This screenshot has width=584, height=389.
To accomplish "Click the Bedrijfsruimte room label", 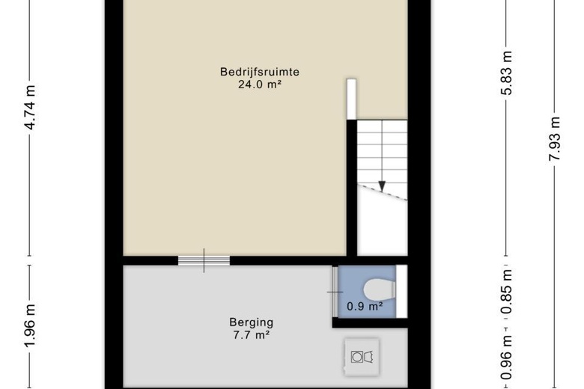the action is (x=260, y=72).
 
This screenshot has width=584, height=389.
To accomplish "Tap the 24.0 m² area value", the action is (x=259, y=85).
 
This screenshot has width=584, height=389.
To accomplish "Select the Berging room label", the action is (x=252, y=322).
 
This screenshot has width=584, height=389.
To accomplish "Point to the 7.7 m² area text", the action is (x=252, y=335).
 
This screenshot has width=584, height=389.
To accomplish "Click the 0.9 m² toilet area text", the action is (x=365, y=307).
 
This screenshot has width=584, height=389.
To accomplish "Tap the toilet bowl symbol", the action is (x=379, y=290).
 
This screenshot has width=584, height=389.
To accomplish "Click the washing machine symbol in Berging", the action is (x=362, y=357).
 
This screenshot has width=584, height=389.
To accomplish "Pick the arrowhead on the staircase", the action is (x=382, y=186).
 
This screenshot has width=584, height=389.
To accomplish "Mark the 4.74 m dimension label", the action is (x=30, y=108).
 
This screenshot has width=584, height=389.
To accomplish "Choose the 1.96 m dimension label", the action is (x=30, y=325).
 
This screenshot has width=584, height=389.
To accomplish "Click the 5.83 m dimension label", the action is (x=507, y=73).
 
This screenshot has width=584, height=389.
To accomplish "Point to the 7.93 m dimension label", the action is (x=554, y=138).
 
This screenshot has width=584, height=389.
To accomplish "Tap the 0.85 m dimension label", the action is (x=507, y=292).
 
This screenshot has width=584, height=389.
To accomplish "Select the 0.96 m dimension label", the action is (x=507, y=357).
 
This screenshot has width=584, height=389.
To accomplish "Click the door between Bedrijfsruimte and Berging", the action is (x=204, y=260).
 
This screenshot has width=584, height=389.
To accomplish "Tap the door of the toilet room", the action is (x=335, y=292).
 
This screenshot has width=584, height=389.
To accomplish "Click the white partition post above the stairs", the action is (x=351, y=99).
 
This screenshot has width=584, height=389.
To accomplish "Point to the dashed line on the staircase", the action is (x=383, y=192).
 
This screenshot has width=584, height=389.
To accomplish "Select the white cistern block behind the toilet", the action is (x=401, y=292).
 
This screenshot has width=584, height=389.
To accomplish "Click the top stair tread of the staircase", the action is (x=383, y=126).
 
